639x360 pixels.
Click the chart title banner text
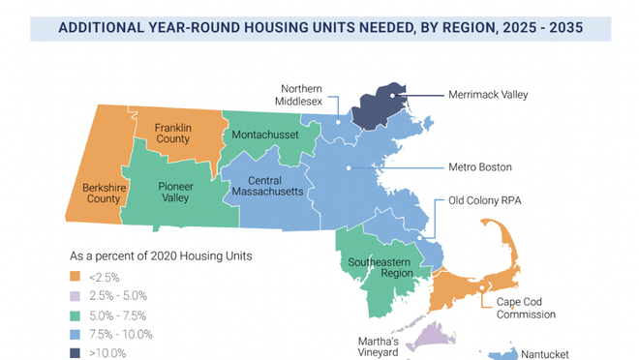(320, 26)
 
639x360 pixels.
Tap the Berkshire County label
(97, 193)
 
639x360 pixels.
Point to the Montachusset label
(265, 135)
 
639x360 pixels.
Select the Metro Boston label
(480, 166)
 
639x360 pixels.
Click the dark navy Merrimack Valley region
(380, 106)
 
